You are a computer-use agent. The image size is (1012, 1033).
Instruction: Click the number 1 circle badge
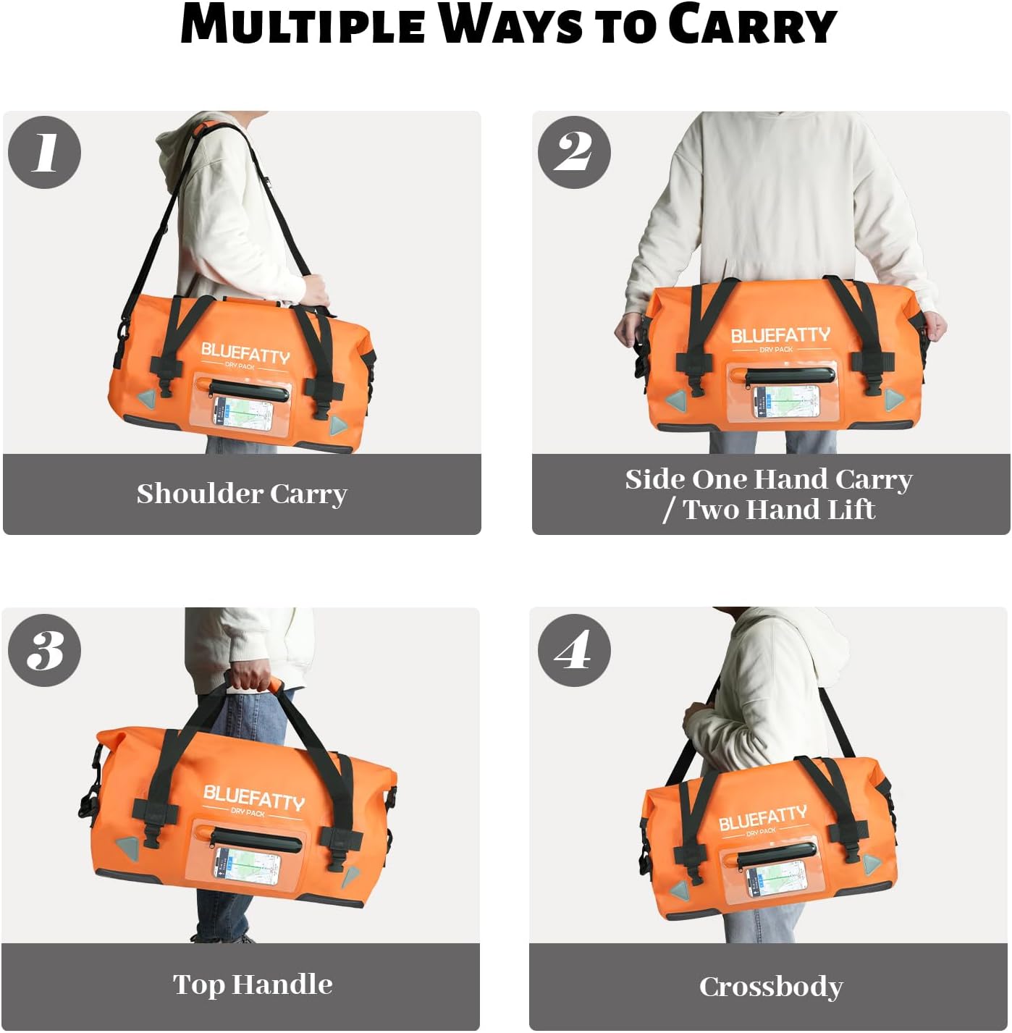pyautogui.click(x=45, y=153)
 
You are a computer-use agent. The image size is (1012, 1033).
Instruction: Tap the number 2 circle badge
pyautogui.click(x=574, y=153)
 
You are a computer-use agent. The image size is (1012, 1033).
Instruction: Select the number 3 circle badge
pyautogui.click(x=45, y=650)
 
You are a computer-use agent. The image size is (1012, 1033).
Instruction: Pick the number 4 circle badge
pyautogui.click(x=574, y=650)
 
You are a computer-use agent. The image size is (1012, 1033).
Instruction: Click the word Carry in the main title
pyautogui.click(x=752, y=25)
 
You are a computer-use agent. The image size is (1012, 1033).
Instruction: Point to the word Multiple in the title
pyautogui.click(x=303, y=25)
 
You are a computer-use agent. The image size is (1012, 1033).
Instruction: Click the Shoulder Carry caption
pyautogui.click(x=242, y=494)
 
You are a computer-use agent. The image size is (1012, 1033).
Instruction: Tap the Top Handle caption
pyautogui.click(x=253, y=984)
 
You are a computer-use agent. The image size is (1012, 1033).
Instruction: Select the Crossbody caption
pyautogui.click(x=771, y=987)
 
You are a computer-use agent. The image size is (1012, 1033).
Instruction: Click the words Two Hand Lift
pyautogui.click(x=779, y=510)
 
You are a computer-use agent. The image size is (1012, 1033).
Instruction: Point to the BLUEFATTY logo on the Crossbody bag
pyautogui.click(x=762, y=819)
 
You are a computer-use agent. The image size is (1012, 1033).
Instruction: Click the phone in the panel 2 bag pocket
pyautogui.click(x=786, y=402)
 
